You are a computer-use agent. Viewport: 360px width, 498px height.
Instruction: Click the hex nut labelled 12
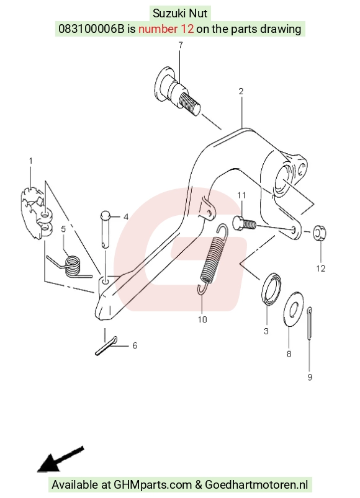tap(319, 233)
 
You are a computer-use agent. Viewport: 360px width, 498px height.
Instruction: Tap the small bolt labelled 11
tap(245, 223)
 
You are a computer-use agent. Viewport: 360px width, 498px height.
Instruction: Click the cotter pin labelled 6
tap(106, 346)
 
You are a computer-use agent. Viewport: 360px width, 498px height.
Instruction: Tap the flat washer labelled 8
tap(293, 309)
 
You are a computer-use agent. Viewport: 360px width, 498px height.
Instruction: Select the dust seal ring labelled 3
tap(271, 288)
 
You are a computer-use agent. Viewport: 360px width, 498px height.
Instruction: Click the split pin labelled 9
tap(310, 323)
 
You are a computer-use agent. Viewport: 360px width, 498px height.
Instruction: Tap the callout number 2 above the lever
tap(241, 91)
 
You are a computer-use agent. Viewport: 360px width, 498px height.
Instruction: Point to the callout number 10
tap(202, 319)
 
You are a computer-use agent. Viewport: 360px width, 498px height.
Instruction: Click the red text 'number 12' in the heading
tap(166, 29)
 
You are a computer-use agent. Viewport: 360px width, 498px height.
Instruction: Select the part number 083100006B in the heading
tap(91, 29)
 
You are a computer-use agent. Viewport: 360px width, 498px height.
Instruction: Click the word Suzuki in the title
tap(169, 14)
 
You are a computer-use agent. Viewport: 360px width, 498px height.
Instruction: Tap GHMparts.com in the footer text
tap(153, 484)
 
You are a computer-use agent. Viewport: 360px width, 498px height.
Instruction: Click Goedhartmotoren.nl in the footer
tap(256, 484)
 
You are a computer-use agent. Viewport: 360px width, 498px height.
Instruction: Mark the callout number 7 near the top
tap(181, 45)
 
